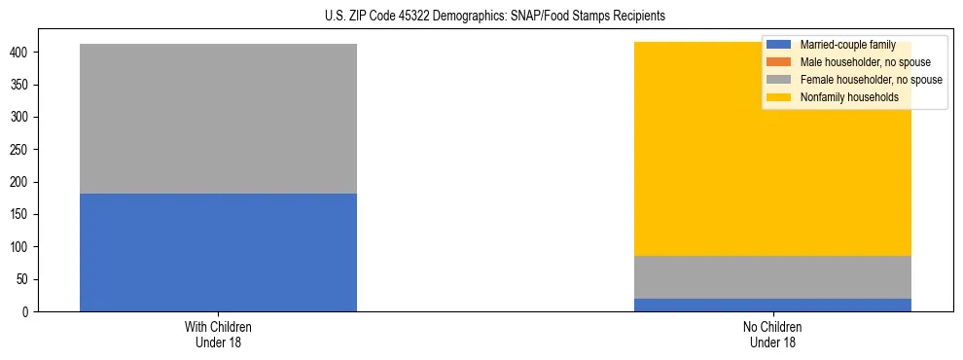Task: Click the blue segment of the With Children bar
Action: coord(218,253)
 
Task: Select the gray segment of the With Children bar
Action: coord(218,119)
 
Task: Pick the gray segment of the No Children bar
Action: coord(772,277)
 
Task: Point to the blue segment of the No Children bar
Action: coord(772,306)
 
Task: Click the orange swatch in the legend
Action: coord(780,62)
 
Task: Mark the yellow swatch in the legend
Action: coord(780,97)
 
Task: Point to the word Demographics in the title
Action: coord(462,17)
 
